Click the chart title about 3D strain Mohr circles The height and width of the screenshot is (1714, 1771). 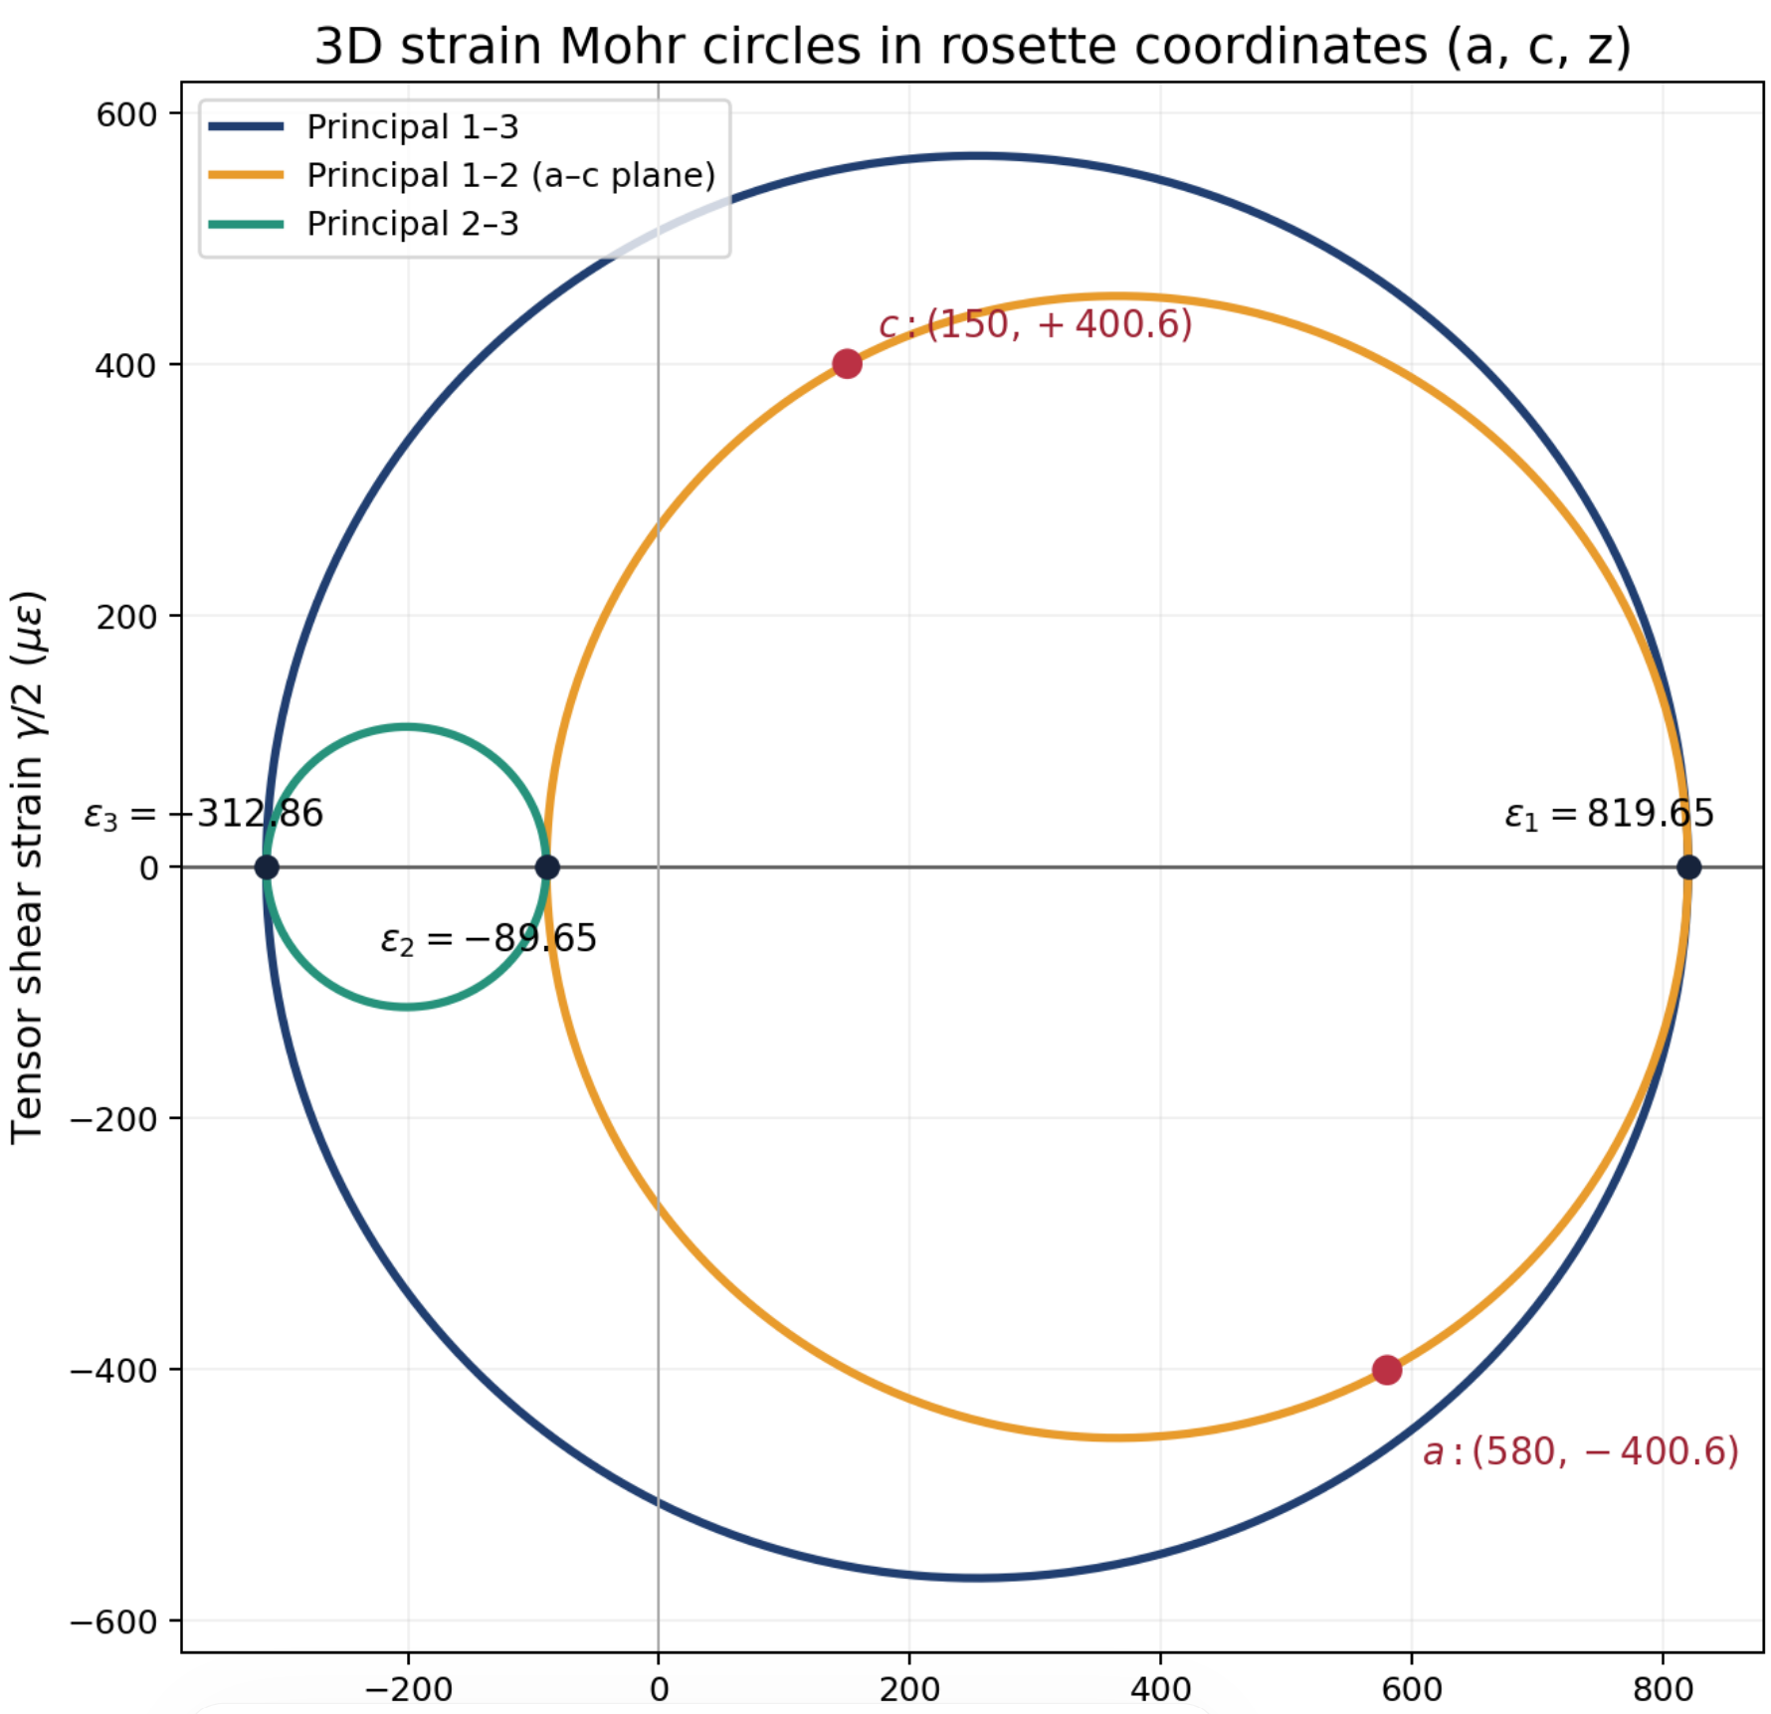tap(972, 46)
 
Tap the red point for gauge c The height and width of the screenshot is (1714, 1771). tap(847, 364)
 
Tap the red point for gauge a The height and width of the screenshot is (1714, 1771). tap(1387, 1370)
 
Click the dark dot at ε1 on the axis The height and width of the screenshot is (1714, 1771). tap(1688, 867)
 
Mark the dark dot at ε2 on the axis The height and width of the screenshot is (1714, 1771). tap(546, 867)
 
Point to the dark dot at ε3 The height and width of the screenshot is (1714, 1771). tap(266, 867)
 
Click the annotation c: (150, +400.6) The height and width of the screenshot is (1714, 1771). tap(1035, 324)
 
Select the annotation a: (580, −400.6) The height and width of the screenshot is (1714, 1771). tap(1580, 1451)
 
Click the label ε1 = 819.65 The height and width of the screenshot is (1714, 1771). tap(1609, 814)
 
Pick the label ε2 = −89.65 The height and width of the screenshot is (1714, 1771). tap(489, 939)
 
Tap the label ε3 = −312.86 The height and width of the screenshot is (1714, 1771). tap(203, 814)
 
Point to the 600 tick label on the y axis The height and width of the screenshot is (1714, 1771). tap(126, 114)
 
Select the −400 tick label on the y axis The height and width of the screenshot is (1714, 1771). tap(113, 1371)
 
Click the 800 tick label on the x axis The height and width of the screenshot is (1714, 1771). tap(1663, 1689)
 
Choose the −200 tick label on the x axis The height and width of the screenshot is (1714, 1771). tap(407, 1689)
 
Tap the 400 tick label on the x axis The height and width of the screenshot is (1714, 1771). tap(1160, 1689)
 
